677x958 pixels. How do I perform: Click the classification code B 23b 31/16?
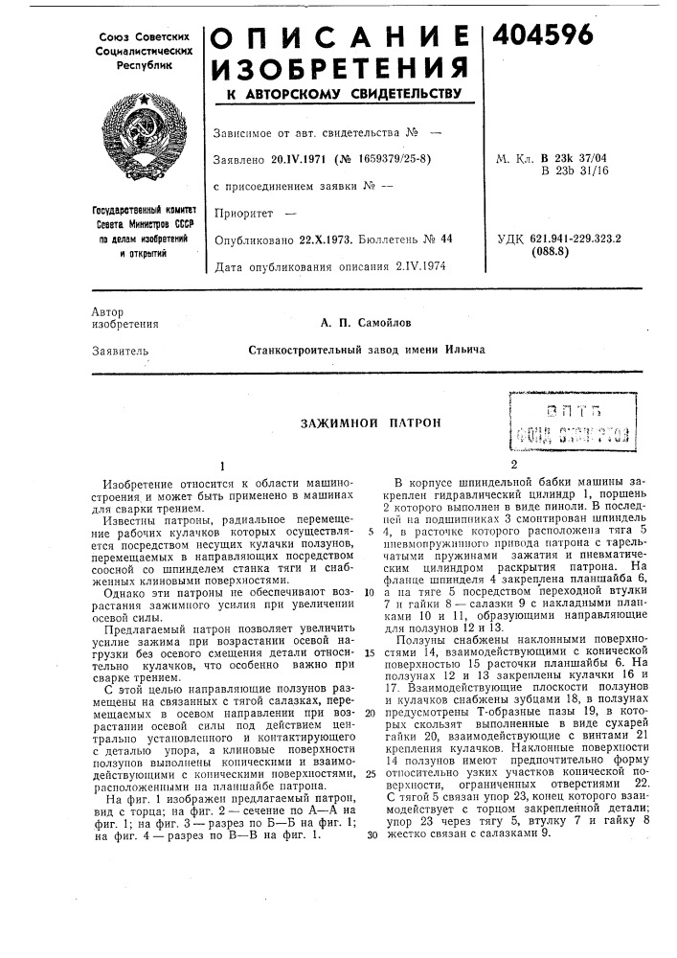pos(571,171)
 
